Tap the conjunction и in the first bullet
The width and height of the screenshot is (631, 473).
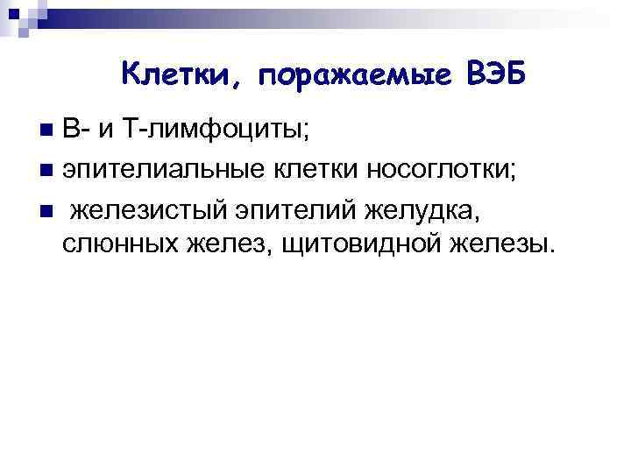104,131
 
